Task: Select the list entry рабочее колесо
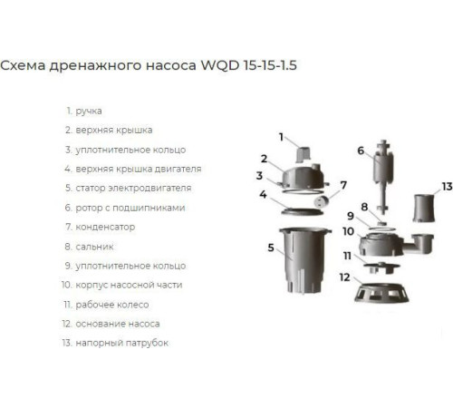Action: [x=112, y=304]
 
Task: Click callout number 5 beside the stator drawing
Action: [x=270, y=247]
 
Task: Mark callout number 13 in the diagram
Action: [x=446, y=186]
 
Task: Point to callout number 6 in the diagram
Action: [x=360, y=151]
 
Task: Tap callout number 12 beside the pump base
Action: [x=344, y=276]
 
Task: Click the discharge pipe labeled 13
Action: [x=425, y=209]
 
